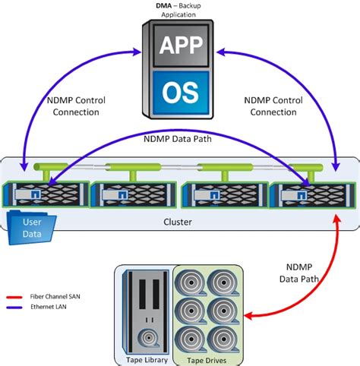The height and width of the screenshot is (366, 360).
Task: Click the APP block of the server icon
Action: point(180,47)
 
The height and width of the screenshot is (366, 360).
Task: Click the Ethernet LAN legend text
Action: point(50,308)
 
